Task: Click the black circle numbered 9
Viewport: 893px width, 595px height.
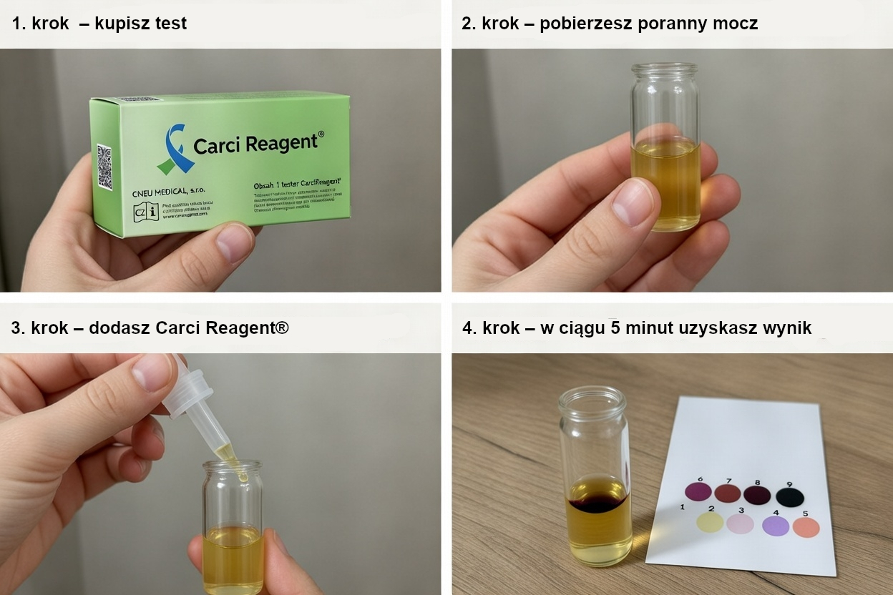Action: (x=790, y=497)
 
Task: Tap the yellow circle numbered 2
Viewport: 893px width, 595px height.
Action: (x=711, y=522)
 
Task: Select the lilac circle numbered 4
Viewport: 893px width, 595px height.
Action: (x=776, y=526)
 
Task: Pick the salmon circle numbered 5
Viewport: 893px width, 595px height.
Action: (x=806, y=527)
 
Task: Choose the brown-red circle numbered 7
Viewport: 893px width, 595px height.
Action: (x=728, y=493)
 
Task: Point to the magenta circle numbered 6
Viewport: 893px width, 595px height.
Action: (x=698, y=491)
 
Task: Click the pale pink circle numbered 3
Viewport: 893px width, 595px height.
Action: (x=740, y=523)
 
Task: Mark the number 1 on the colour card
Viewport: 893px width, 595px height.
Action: (x=683, y=507)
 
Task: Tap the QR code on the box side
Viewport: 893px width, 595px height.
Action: (x=104, y=167)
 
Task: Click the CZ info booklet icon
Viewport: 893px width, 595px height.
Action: (x=146, y=212)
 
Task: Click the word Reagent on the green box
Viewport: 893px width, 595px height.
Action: (x=280, y=142)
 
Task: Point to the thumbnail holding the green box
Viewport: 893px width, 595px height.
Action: (x=235, y=242)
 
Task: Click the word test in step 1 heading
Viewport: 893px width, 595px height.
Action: (x=169, y=24)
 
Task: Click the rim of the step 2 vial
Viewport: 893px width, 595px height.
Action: (x=664, y=69)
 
